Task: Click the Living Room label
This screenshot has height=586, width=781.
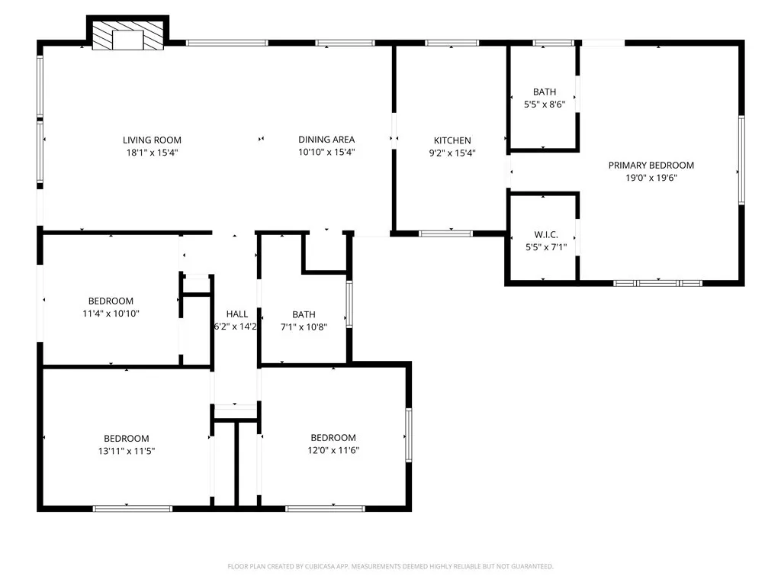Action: pos(153,140)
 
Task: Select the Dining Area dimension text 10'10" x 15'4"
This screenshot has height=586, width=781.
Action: pos(326,153)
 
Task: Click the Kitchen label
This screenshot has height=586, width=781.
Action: pos(452,140)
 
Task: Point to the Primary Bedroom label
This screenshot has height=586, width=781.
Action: pos(651,165)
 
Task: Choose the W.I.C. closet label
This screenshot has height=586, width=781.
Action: pos(545,234)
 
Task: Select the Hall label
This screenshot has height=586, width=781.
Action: pos(237,314)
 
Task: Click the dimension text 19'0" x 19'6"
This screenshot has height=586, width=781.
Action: pos(651,178)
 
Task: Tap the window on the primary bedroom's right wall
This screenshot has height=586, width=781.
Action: pos(741,160)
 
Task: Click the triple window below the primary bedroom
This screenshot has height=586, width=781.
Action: pos(657,282)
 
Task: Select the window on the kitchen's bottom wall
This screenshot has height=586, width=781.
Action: pos(446,233)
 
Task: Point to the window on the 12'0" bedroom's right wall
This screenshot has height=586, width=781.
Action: pos(409,435)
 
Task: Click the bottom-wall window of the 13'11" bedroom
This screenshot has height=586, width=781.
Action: pos(132,507)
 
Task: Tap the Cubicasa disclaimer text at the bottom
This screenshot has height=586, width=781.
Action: pos(390,566)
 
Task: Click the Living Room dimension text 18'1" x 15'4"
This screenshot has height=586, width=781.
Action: pos(153,153)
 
